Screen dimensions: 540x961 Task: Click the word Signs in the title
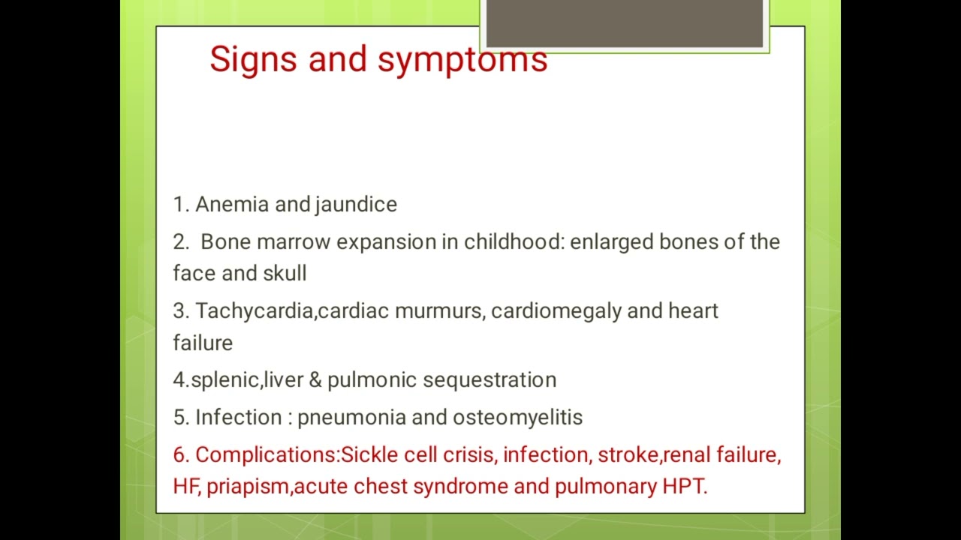(x=253, y=59)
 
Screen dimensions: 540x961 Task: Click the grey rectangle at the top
(x=625, y=24)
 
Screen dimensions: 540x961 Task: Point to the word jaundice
(x=356, y=205)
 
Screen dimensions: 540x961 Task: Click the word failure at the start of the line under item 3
(x=203, y=343)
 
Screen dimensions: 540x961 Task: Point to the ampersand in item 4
(x=315, y=379)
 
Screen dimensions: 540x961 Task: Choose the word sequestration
(x=490, y=380)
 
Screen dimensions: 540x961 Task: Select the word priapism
(x=248, y=487)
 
